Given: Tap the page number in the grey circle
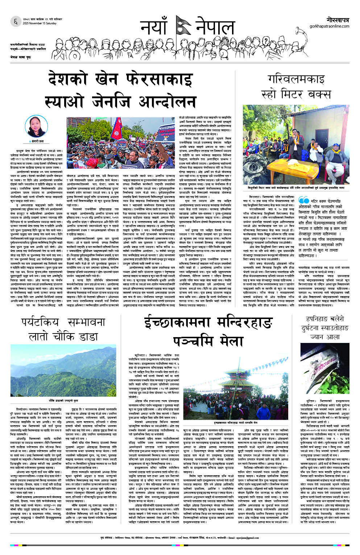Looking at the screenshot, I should (x=16, y=21).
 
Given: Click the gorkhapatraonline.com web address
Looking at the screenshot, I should (x=329, y=26).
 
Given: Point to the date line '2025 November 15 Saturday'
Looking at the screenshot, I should (x=40, y=23).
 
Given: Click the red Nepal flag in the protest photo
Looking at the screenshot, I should (x=117, y=128).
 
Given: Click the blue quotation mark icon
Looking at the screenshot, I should (x=303, y=200).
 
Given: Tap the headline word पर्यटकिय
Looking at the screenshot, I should (x=40, y=322).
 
